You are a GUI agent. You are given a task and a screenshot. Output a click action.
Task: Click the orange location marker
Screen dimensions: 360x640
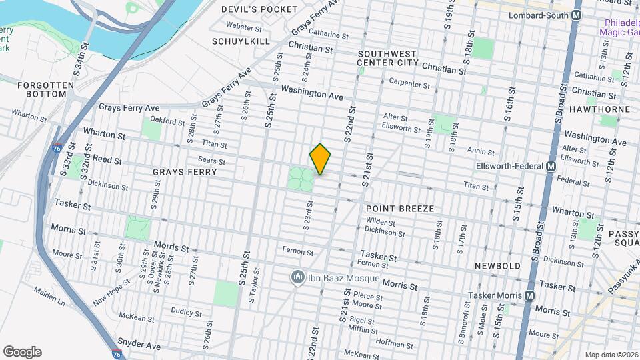click(x=320, y=159)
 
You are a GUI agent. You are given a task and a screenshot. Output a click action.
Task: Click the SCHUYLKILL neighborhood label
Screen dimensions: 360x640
click(x=241, y=41)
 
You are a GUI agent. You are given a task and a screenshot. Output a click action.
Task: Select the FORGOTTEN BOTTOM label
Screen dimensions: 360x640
click(x=42, y=89)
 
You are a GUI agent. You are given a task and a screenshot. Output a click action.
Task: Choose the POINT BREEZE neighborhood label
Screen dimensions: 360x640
click(x=400, y=209)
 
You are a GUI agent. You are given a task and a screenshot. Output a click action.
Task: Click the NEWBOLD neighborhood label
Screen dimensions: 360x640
click(x=497, y=266)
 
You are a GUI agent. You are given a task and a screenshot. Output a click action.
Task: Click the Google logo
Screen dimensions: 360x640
click(x=22, y=352)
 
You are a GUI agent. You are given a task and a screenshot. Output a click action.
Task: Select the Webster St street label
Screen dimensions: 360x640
click(x=243, y=27)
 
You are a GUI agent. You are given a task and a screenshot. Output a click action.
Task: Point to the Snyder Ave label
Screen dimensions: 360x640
click(x=139, y=346)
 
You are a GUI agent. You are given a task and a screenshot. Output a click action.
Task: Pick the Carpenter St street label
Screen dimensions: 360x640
click(x=409, y=84)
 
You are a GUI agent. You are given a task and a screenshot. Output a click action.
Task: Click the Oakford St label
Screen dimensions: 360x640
click(x=167, y=121)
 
